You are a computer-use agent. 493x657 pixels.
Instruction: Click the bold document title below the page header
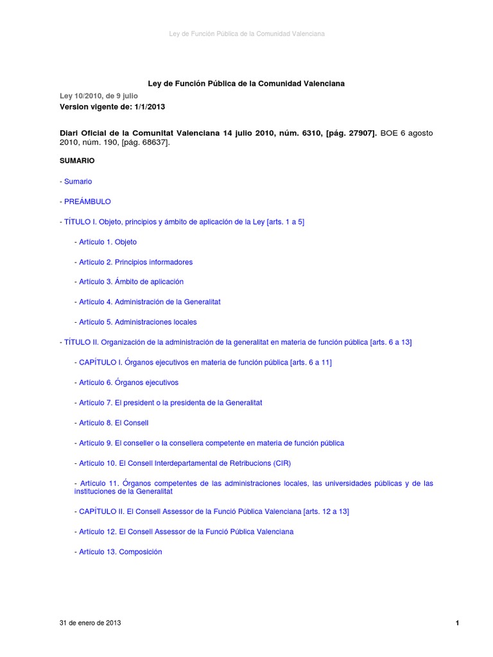tap(246, 83)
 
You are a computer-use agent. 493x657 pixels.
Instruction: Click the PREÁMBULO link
tap(85, 201)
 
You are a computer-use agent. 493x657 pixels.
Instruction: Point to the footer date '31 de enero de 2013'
tap(90, 623)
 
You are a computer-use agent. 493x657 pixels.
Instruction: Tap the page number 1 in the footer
tap(457, 623)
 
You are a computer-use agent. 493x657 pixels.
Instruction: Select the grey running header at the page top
tap(246, 33)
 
